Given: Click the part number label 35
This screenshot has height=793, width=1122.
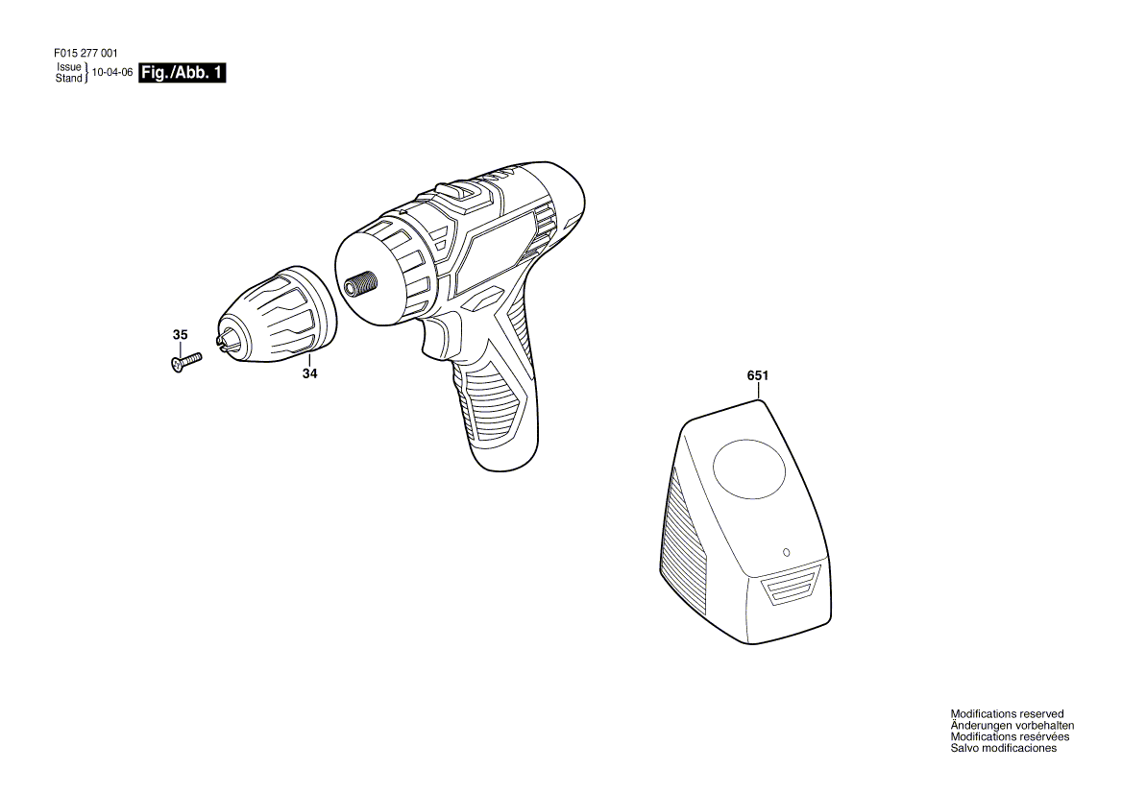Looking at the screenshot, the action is pos(181,335).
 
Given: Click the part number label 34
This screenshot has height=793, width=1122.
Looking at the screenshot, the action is pos(309,373).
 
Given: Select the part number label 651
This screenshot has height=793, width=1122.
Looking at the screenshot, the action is pos(757,375).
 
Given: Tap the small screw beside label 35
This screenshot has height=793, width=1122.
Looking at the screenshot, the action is pos(186,361).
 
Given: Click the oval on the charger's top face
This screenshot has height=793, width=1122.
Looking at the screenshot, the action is pos(749,469).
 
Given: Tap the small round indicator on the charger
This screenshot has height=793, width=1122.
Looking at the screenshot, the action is pos(787,551).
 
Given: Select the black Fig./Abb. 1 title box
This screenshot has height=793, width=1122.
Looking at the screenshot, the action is pos(182,73).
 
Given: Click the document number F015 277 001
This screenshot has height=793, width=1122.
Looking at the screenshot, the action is pos(85,54).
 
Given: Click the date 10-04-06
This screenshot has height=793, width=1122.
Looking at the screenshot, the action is pos(112,73).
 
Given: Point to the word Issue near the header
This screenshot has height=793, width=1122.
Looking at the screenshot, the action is pos(69,67).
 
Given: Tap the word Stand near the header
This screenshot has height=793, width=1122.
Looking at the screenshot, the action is pos(69,79).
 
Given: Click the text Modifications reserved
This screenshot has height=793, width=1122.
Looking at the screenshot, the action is pos(1007,713).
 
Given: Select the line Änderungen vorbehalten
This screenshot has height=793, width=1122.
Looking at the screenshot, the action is pos(1012,725).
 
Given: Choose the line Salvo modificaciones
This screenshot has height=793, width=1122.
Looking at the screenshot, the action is pos(1003,748).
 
